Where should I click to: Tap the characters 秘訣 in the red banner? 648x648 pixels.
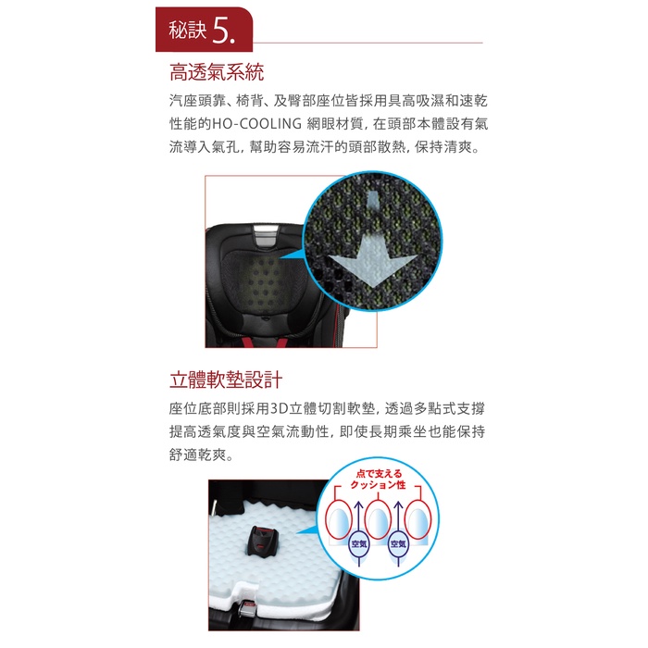187,31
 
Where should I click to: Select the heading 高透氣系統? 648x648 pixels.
217,72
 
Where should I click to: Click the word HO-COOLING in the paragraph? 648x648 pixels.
256,123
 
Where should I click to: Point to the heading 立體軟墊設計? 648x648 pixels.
226,380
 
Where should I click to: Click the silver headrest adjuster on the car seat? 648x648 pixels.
266,236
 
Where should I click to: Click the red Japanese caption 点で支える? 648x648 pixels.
379,474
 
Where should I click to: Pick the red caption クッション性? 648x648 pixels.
378,485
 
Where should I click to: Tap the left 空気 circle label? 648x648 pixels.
359,544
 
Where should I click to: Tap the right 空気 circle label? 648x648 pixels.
398,544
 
